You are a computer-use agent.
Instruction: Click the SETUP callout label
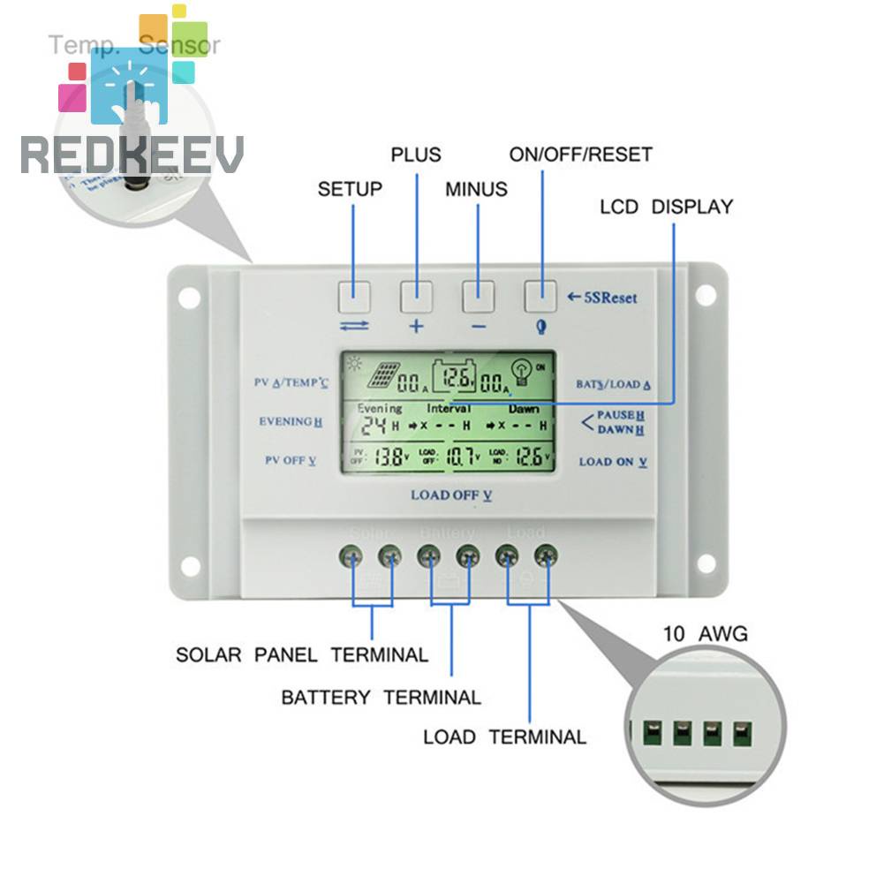pyautogui.click(x=350, y=189)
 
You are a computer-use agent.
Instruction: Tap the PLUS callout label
pyautogui.click(x=415, y=155)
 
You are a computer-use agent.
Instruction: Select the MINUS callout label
pyautogui.click(x=476, y=189)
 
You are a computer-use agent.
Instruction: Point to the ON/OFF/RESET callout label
pyautogui.click(x=580, y=155)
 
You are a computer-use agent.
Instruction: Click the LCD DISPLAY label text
pyautogui.click(x=666, y=207)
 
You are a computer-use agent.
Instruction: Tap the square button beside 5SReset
pyautogui.click(x=540, y=296)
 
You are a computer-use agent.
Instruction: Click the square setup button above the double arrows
pyautogui.click(x=352, y=296)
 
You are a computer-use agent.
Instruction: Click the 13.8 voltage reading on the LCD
pyautogui.click(x=389, y=457)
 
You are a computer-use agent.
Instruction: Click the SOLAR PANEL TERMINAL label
pyautogui.click(x=302, y=655)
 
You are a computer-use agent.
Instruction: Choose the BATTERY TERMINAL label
pyautogui.click(x=381, y=697)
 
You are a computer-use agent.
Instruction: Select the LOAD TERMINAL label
pyautogui.click(x=504, y=737)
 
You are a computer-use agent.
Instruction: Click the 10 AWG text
pyautogui.click(x=705, y=633)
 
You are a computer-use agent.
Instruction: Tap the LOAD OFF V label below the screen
pyautogui.click(x=451, y=495)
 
